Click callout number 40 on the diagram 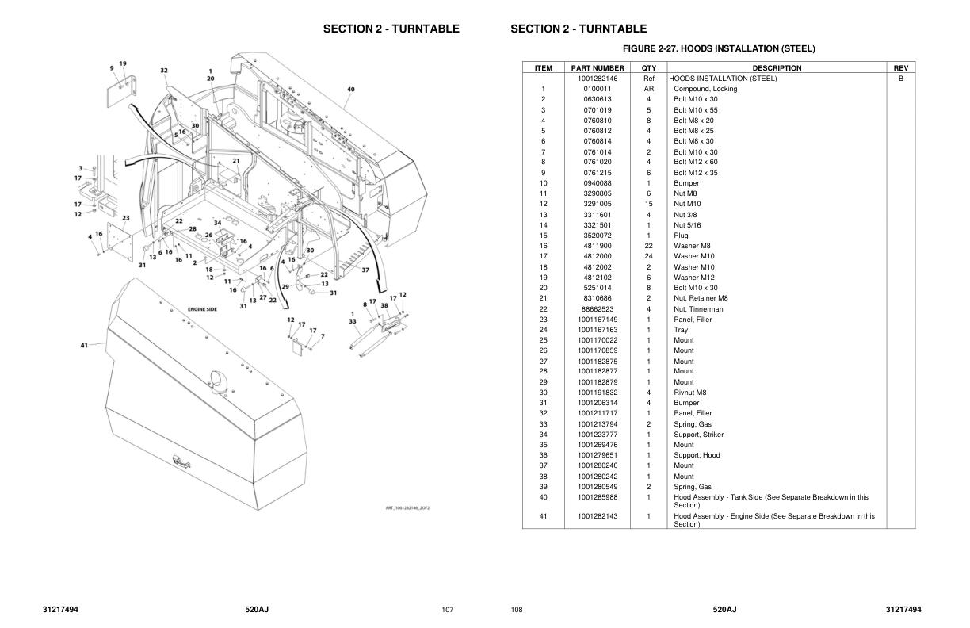[350, 90]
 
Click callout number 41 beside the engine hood [84, 345]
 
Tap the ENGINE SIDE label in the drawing [202, 309]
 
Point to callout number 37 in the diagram [365, 270]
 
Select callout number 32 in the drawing [164, 71]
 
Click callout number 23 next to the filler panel [125, 217]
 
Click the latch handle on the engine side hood [181, 459]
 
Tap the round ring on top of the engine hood [218, 379]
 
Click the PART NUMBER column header [598, 68]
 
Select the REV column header [900, 68]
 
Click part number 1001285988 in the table [598, 497]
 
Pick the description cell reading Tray [681, 330]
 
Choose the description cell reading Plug [681, 235]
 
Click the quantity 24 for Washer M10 [648, 256]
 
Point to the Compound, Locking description [705, 89]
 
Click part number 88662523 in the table [598, 309]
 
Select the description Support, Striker [698, 435]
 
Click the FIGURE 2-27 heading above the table [718, 48]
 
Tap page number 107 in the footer [447, 609]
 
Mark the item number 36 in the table [543, 455]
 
